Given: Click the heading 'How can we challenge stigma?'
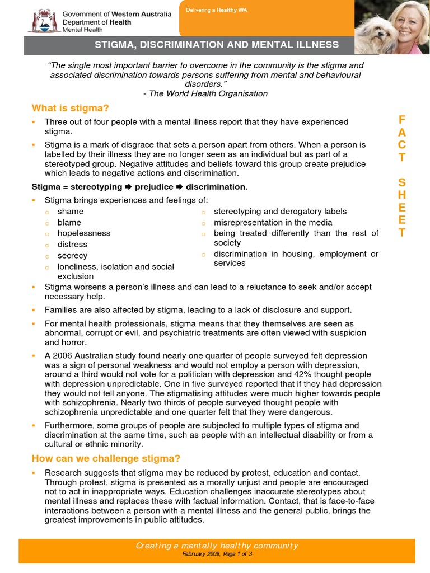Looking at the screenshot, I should pos(106,459).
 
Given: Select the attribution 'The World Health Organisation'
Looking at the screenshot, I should pos(208,93).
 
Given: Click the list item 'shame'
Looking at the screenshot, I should pos(71,212).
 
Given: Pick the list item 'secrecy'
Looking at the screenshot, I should pos(73,256).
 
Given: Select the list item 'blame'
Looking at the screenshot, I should pos(69,223).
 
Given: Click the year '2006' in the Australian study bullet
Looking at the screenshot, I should pos(63,355).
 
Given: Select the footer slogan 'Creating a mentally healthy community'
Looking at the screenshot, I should pos(218,546).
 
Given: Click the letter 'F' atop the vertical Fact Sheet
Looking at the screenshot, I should pos(401,120).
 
